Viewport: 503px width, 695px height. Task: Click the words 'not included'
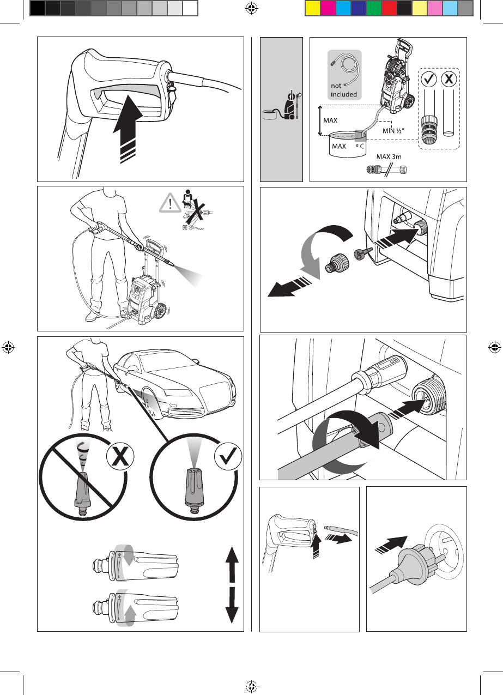[344, 90]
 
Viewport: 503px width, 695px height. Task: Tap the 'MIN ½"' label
[393, 131]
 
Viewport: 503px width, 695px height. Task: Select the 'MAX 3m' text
[389, 156]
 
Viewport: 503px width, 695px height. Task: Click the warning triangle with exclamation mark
[170, 203]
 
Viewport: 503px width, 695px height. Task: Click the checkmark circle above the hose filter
[429, 80]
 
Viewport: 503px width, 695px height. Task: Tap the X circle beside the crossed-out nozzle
[120, 456]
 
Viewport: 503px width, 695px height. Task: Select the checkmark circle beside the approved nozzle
[228, 456]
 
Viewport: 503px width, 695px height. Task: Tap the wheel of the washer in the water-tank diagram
[409, 101]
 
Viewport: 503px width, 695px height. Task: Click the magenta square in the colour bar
[328, 8]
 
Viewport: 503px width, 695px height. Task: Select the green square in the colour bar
[374, 8]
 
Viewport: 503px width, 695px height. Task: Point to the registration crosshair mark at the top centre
[252, 8]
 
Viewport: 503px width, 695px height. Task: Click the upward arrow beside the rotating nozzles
[232, 565]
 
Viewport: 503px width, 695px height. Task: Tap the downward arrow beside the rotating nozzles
[232, 606]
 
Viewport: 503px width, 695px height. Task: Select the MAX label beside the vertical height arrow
[330, 120]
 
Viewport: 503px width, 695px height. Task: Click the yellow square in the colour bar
[313, 8]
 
